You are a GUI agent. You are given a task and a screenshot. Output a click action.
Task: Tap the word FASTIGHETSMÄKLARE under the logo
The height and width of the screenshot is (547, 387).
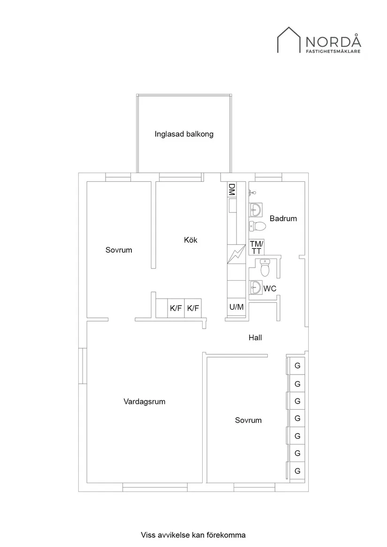tap(333, 52)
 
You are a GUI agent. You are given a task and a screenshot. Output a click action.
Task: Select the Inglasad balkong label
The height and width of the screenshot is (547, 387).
tap(184, 134)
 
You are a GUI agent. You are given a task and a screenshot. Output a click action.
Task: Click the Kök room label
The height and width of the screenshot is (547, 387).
tap(190, 240)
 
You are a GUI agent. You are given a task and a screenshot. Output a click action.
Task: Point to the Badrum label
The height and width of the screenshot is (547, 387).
tap(283, 218)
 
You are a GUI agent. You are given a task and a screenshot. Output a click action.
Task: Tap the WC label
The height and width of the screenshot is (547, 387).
tap(270, 289)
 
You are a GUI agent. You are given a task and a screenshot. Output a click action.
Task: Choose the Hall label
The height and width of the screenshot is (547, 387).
tap(255, 337)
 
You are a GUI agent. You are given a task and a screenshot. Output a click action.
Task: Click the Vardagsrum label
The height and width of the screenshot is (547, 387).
tap(144, 402)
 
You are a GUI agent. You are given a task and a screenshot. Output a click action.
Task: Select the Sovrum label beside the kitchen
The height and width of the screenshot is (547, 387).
tap(119, 250)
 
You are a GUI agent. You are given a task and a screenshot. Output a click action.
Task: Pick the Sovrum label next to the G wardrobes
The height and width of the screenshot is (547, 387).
tap(248, 420)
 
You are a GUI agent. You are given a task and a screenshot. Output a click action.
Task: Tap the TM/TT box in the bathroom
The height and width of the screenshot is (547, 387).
tap(257, 247)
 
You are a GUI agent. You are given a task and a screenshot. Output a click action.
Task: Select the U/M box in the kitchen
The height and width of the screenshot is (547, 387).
tap(236, 307)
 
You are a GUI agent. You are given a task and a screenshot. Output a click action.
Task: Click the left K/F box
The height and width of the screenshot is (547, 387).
tap(176, 308)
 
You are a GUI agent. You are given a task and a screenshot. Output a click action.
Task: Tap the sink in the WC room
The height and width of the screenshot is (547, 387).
tap(255, 287)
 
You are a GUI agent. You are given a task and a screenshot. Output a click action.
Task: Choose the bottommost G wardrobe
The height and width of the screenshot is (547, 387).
tap(297, 471)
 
